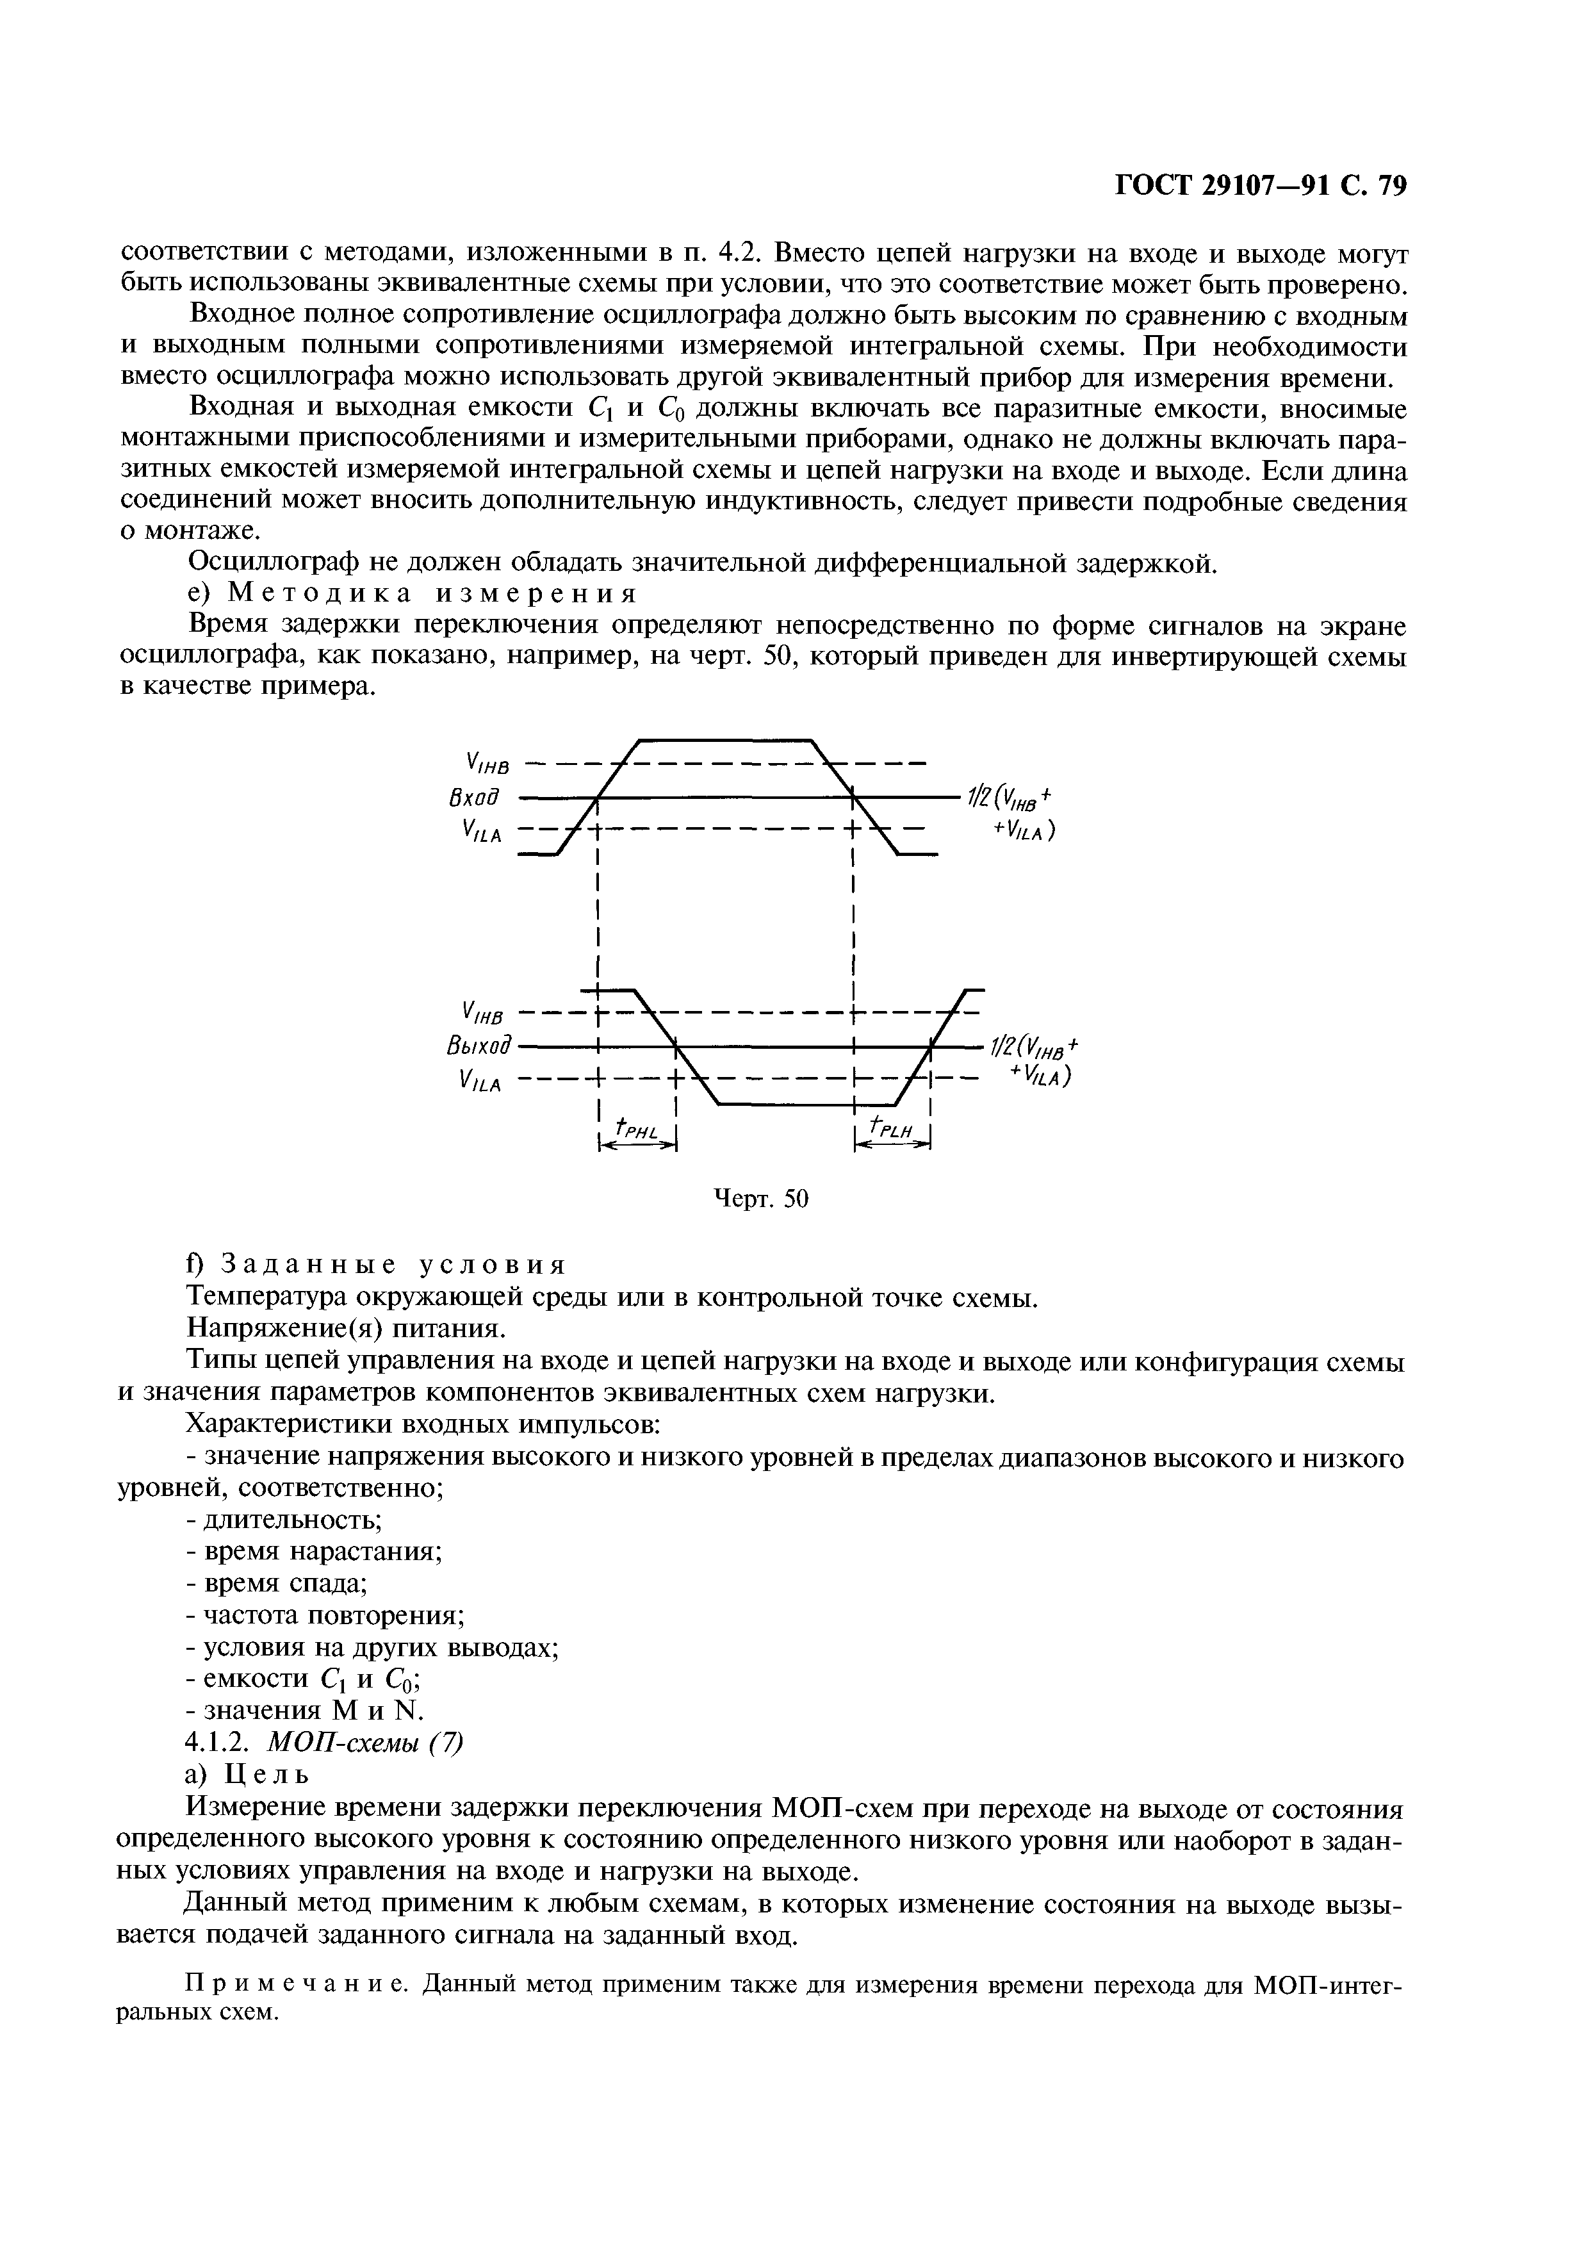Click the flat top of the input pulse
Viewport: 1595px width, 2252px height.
click(727, 739)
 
